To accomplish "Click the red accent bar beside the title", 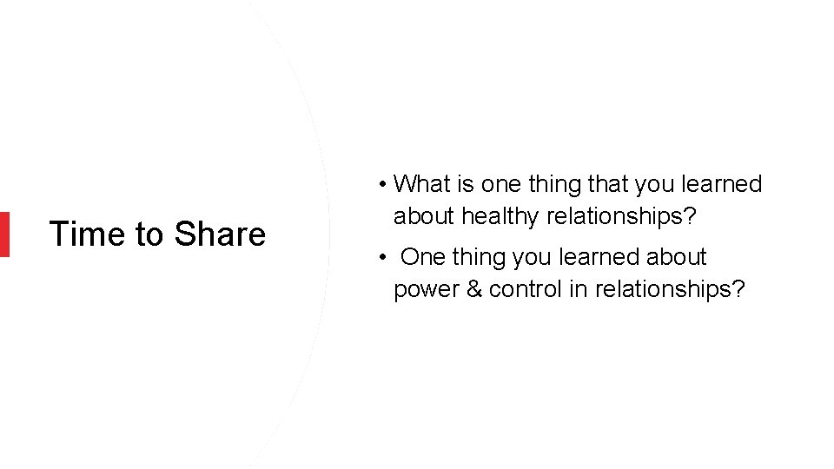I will coord(4,234).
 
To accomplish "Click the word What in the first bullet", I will coord(420,184).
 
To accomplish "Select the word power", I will coord(422,289).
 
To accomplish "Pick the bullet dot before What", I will coord(382,185).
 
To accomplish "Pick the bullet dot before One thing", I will coord(382,258).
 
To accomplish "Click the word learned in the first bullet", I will coord(721,184).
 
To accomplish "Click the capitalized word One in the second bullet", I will coord(424,257).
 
